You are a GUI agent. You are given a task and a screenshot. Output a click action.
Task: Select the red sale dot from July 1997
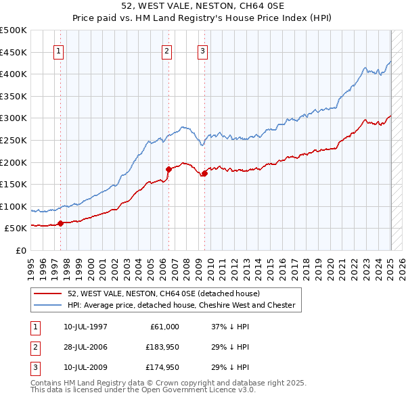click(x=60, y=223)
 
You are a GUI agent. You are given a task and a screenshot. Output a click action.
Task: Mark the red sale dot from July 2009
click(x=204, y=173)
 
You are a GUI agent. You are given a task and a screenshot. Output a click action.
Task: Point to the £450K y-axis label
click(x=14, y=52)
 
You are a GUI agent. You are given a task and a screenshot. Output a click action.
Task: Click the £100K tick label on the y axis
click(x=14, y=206)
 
